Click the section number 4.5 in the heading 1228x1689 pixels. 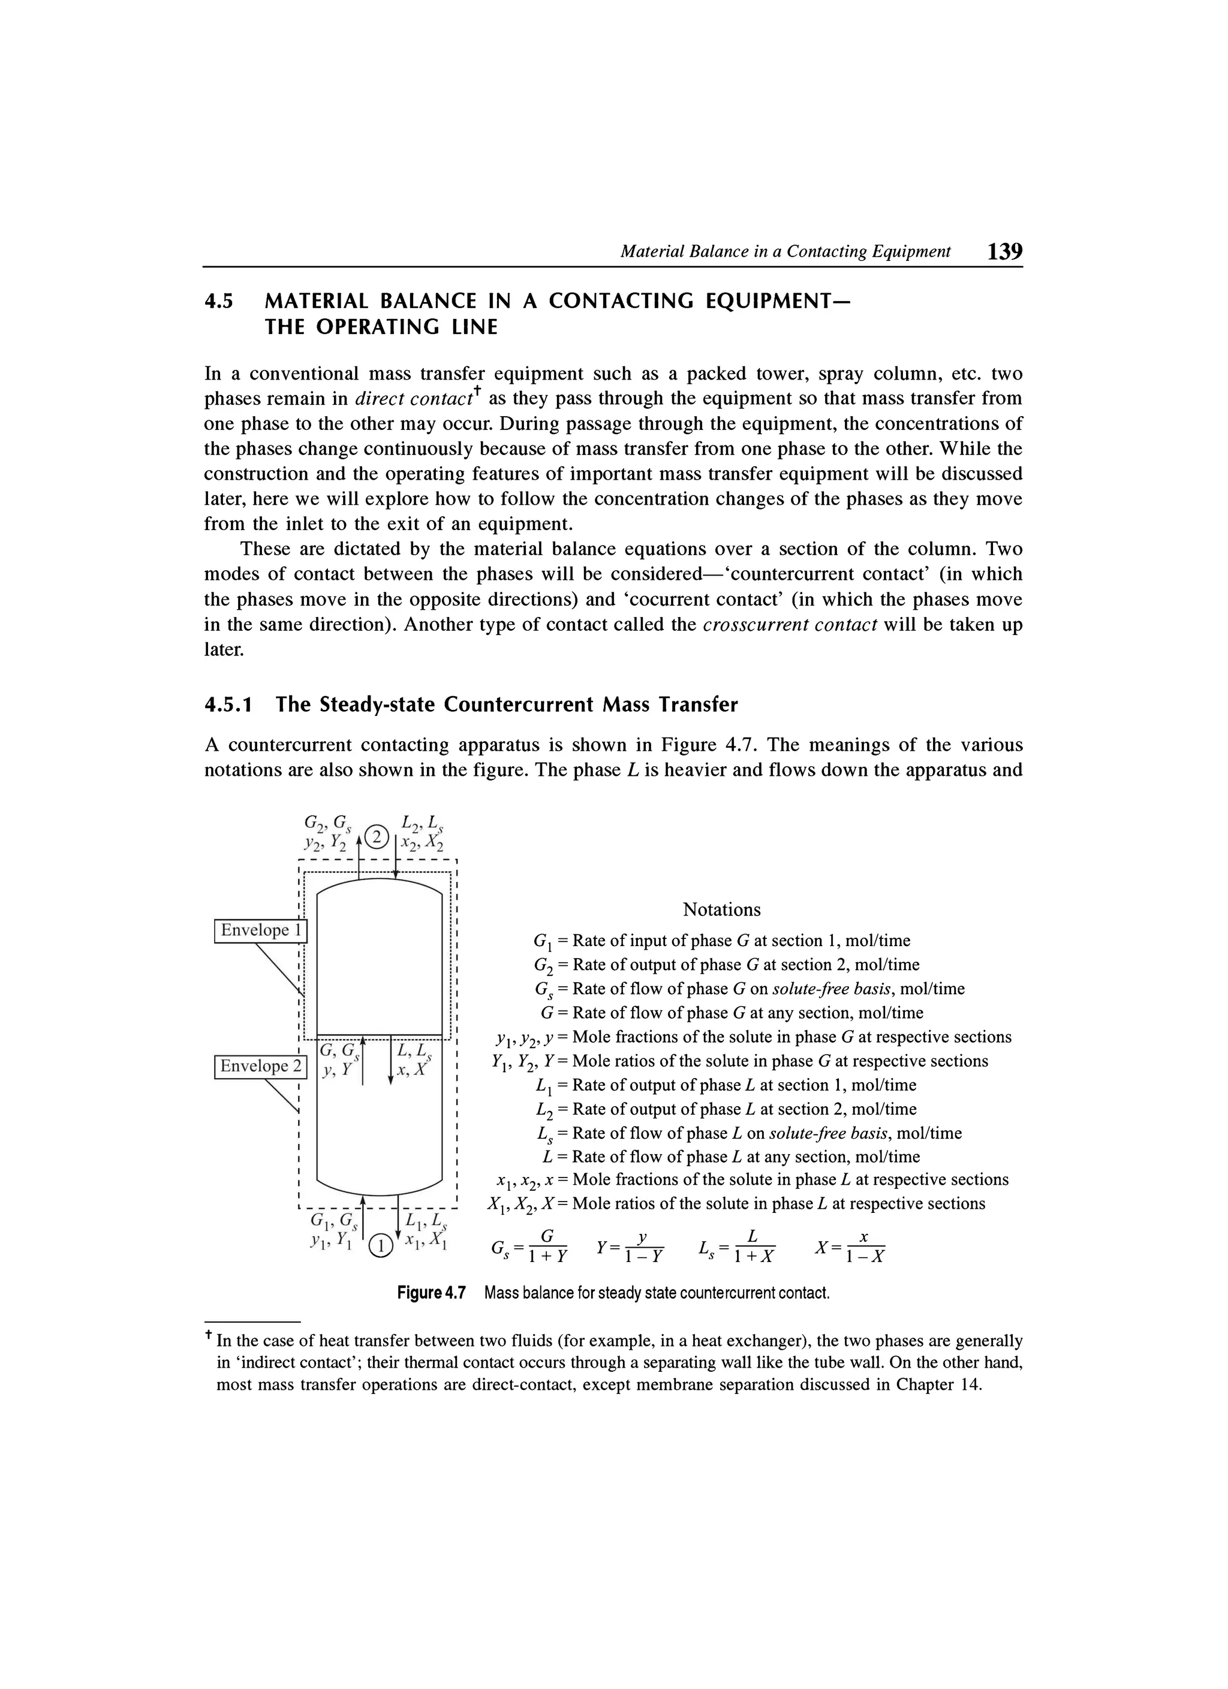[219, 302]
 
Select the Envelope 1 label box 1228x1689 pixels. [260, 930]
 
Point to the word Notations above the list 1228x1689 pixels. [721, 910]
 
